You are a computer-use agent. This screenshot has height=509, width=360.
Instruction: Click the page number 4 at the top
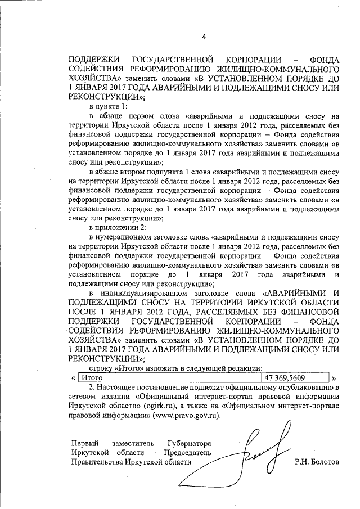tap(204, 38)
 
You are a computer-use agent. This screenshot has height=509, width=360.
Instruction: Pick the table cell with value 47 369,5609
tap(296, 378)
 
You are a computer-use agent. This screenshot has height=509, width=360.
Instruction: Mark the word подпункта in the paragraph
tap(166, 172)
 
